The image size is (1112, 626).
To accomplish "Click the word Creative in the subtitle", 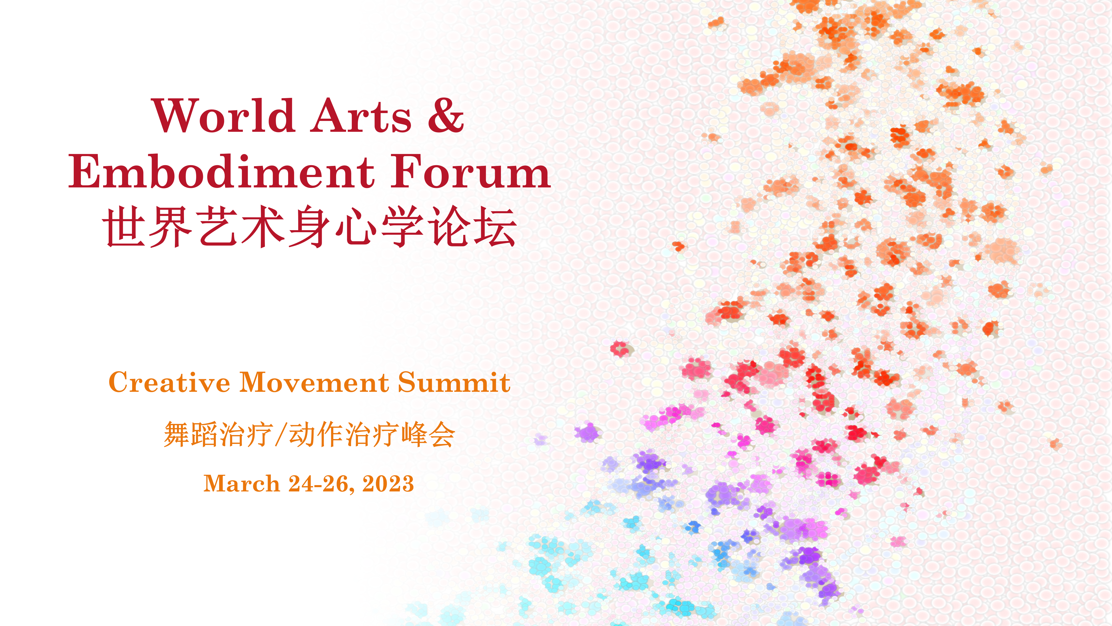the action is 169,382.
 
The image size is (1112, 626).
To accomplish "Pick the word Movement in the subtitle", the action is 314,382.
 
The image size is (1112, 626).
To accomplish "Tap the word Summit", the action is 454,382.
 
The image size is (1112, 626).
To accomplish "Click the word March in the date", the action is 242,483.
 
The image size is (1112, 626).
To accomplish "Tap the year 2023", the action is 388,483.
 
